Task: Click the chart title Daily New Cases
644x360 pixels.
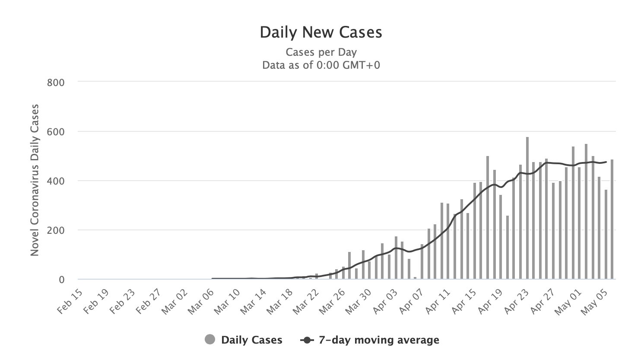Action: point(321,33)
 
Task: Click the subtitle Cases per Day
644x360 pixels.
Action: point(321,52)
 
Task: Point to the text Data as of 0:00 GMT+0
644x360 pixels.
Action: point(321,66)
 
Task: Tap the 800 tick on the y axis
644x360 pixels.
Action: point(56,82)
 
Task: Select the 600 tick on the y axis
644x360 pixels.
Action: point(56,131)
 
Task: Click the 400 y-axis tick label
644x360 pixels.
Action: point(56,181)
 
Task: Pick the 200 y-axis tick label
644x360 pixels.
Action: point(56,230)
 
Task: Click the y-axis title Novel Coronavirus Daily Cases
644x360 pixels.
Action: point(35,180)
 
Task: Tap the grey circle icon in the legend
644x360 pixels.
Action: point(210,340)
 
